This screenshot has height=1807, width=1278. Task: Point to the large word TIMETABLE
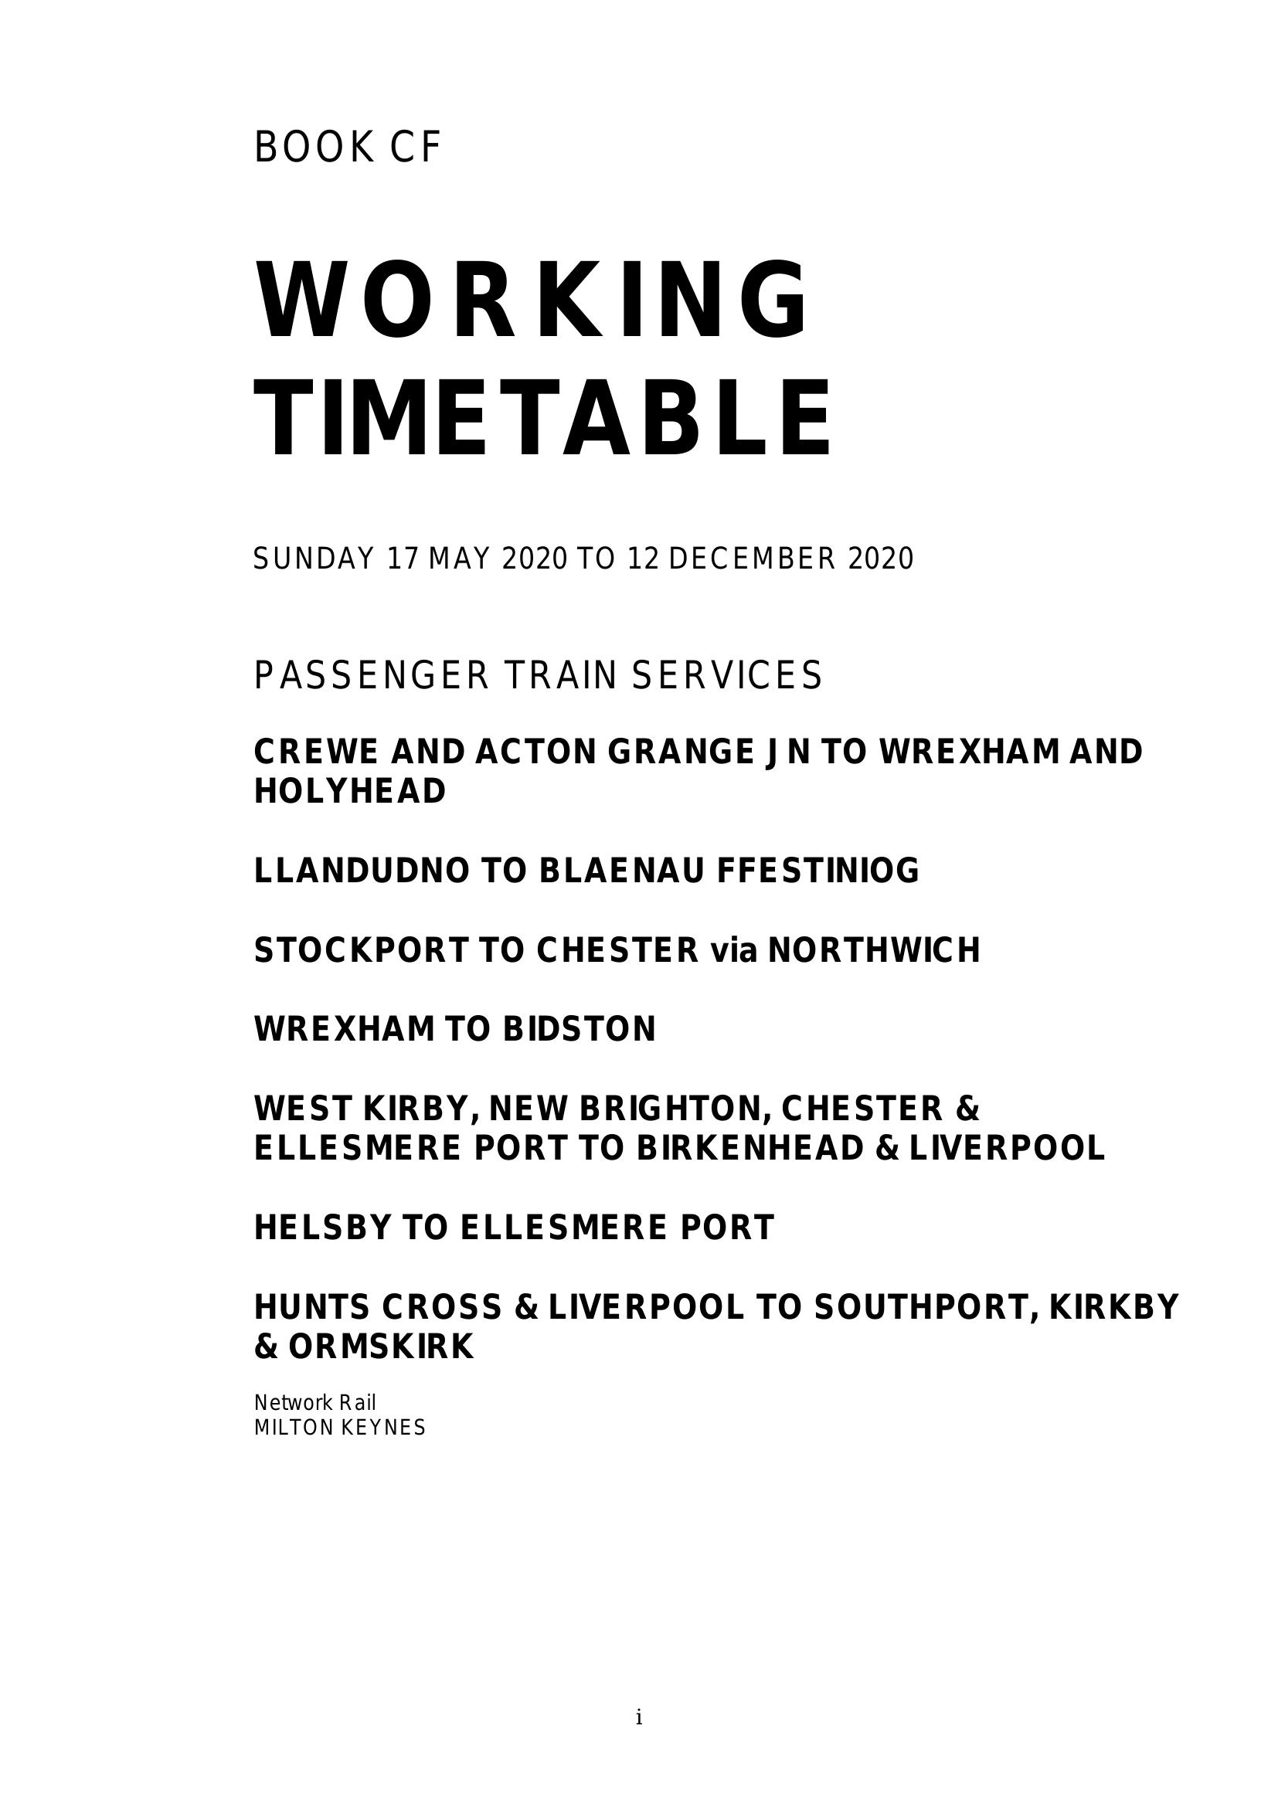point(543,418)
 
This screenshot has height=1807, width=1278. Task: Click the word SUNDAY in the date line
point(313,559)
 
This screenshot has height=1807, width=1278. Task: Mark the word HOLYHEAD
point(349,791)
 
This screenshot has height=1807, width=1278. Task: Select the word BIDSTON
point(580,1028)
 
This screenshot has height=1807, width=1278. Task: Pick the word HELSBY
point(322,1227)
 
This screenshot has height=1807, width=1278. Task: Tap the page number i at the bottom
point(639,1717)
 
